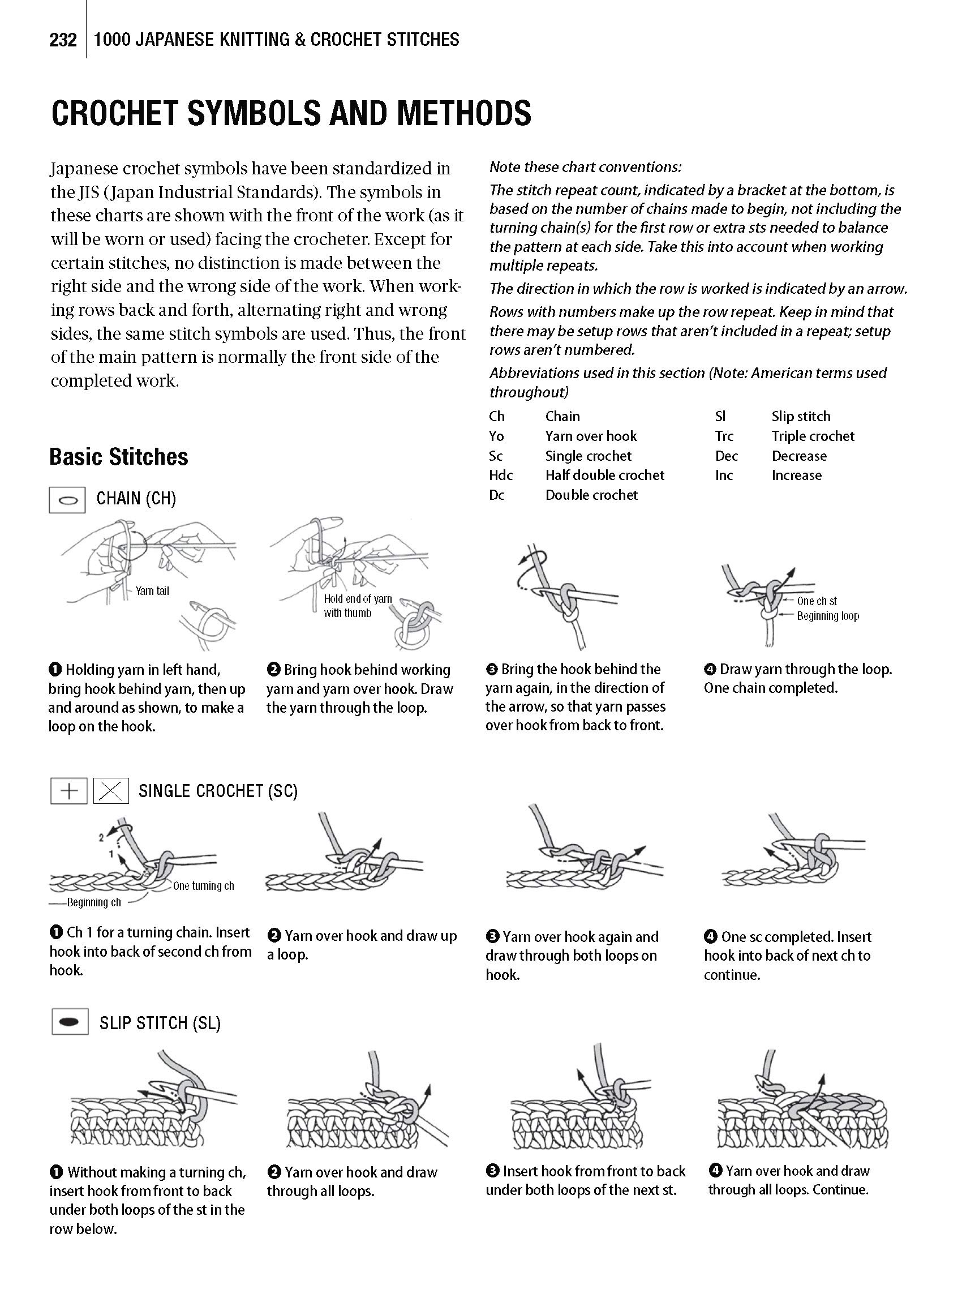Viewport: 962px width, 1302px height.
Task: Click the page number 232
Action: [x=63, y=40]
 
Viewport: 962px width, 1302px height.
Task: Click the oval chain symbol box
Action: [x=67, y=500]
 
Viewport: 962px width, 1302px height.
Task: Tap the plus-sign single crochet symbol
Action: [x=68, y=791]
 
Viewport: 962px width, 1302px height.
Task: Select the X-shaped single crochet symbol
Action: [x=111, y=791]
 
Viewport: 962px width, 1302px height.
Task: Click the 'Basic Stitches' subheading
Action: [x=119, y=457]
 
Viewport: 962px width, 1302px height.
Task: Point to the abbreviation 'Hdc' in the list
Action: [x=501, y=476]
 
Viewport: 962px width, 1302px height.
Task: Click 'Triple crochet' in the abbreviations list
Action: [x=813, y=436]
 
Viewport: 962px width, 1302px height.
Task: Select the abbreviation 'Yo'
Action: [x=496, y=436]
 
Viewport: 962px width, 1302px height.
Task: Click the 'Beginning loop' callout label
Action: [x=827, y=616]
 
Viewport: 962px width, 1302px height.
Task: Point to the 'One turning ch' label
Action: [x=203, y=886]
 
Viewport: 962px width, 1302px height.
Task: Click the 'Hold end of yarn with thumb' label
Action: [x=358, y=606]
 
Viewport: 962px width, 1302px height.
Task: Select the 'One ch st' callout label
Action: [x=817, y=601]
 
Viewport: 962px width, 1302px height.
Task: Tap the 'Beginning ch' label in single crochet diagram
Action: [x=94, y=902]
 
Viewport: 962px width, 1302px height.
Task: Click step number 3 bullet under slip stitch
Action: [x=492, y=1171]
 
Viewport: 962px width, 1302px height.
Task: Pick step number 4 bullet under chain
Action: [x=710, y=669]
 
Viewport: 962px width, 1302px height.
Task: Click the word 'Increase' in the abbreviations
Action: [x=796, y=476]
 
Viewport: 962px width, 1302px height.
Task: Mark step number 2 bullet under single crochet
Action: [x=274, y=936]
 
